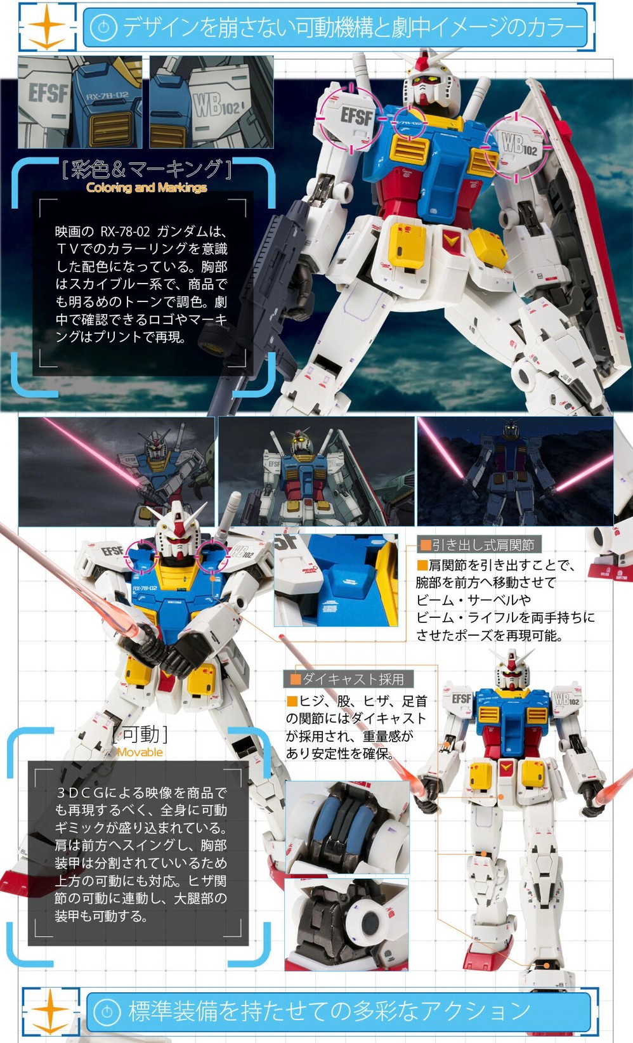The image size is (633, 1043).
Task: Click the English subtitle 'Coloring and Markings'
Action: pos(147,188)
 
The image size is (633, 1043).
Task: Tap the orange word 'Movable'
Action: pos(140,752)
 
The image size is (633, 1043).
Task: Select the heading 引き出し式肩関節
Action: pos(483,545)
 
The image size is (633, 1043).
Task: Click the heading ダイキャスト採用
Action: pos(353,679)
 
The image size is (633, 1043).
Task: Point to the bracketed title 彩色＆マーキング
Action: pos(147,169)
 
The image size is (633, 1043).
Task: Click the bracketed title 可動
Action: pos(141,735)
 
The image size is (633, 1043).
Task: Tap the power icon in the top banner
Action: pos(103,27)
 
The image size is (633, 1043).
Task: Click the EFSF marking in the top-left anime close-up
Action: pos(48,93)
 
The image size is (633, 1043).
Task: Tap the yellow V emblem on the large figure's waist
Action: pos(452,240)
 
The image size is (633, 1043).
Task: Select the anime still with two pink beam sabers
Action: pos(515,471)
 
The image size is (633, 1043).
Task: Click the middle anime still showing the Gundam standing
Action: pos(316,471)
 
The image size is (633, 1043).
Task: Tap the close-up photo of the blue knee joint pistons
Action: pos(347,827)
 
